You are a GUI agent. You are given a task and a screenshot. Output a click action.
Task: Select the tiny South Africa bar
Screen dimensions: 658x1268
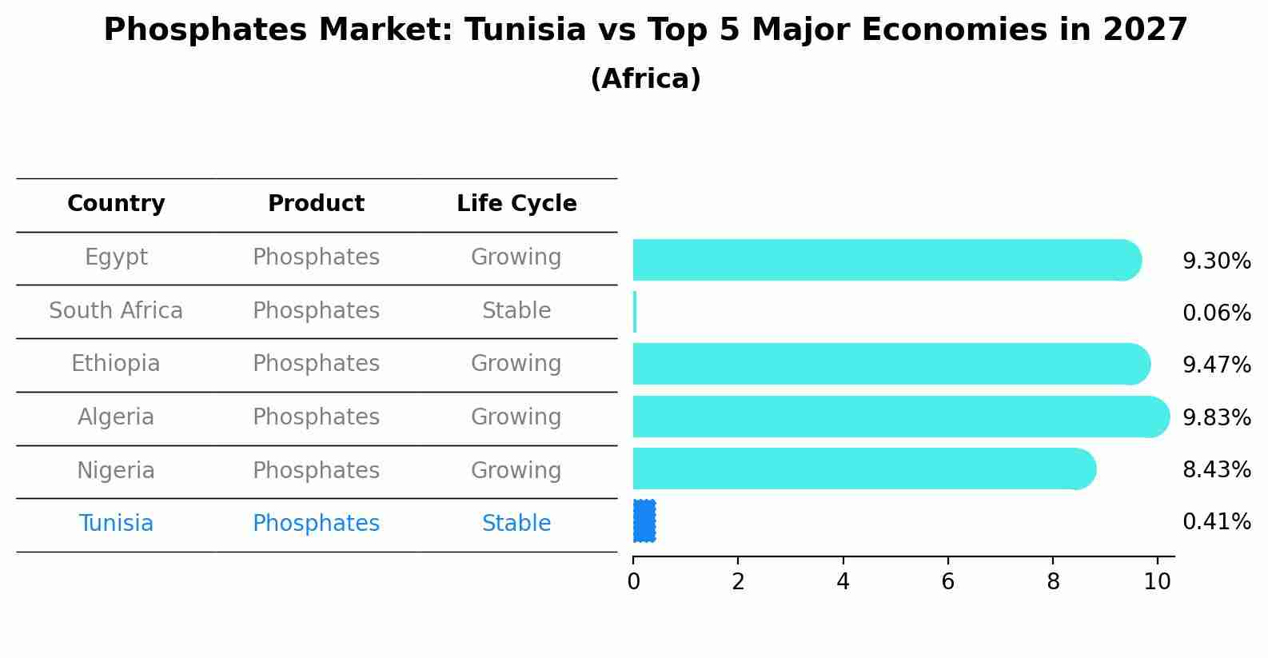point(635,312)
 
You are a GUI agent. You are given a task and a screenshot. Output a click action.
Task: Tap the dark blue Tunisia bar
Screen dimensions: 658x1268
point(644,521)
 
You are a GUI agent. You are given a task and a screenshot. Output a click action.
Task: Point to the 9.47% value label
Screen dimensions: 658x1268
point(1216,365)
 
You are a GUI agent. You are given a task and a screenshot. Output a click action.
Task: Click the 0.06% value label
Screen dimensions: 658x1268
point(1216,313)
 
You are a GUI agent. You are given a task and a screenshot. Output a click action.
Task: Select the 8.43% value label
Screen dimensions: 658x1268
point(1216,470)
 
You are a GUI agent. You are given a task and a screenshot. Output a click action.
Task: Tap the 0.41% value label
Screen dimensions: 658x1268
point(1216,522)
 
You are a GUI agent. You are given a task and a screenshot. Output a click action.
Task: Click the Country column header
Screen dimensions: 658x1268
point(116,204)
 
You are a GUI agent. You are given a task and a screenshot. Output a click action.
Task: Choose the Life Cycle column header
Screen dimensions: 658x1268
point(516,204)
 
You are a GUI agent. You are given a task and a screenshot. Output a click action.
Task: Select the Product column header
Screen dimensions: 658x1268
point(316,204)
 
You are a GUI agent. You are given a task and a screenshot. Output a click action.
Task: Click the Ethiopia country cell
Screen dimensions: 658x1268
point(116,364)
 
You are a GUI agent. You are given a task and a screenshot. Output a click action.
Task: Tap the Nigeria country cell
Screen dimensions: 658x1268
point(116,471)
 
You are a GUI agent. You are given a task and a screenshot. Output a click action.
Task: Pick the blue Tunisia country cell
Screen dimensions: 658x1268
point(116,524)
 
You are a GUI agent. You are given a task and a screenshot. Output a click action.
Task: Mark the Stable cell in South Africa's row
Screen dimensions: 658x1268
point(516,311)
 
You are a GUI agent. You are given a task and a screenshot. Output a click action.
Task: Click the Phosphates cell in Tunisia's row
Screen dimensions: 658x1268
point(316,524)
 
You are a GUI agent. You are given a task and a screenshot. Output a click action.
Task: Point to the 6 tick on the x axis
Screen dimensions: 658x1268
point(947,582)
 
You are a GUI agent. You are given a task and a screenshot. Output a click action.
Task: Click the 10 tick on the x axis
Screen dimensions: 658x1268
point(1157,582)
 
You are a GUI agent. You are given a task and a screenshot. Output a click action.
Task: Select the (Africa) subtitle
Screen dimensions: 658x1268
point(645,79)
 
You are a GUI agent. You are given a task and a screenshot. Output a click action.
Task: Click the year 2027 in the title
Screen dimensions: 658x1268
point(1145,30)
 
